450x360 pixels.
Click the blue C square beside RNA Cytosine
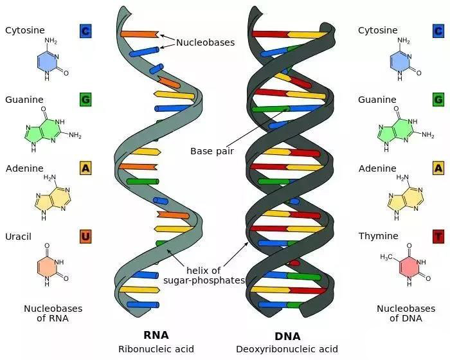[x=85, y=31]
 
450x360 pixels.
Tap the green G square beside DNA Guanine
[x=438, y=100]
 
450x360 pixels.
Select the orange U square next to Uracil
[x=85, y=237]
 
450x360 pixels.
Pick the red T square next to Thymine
[x=438, y=237]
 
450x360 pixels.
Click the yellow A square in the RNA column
[x=85, y=168]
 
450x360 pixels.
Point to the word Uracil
[x=18, y=237]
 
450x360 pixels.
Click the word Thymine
[x=378, y=236]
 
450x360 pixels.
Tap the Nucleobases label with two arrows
[x=205, y=42]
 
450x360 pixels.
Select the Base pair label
[x=212, y=151]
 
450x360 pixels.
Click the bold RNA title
[x=156, y=335]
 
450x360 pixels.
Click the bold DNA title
[x=287, y=336]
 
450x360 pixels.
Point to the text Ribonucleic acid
[x=156, y=349]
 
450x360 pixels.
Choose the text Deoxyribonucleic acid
[x=287, y=349]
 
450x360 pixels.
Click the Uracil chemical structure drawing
[x=53, y=265]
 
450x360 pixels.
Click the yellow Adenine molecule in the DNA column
[x=405, y=197]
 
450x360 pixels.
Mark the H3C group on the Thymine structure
[x=386, y=257]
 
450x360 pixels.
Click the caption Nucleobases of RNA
[x=53, y=313]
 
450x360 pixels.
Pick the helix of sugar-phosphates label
[x=204, y=275]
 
